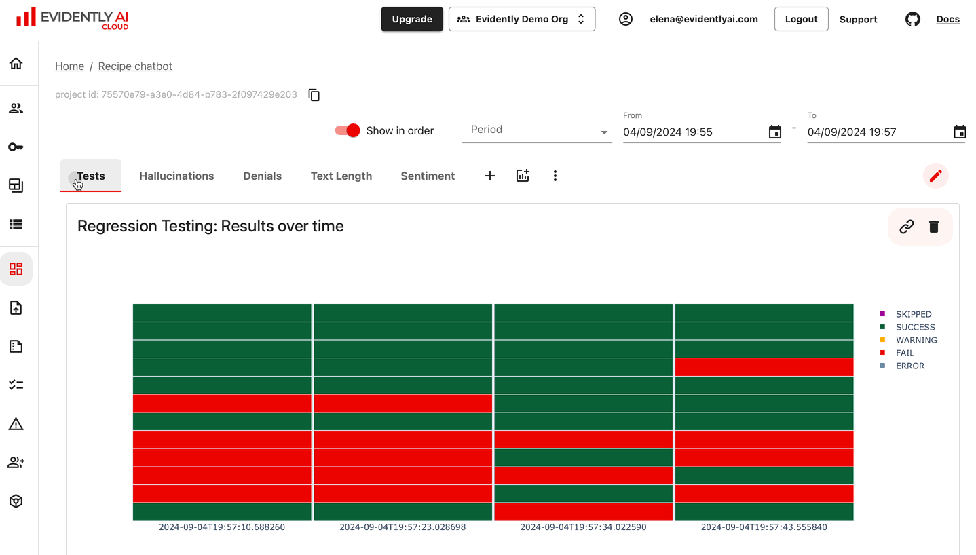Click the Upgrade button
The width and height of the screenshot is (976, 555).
pyautogui.click(x=412, y=19)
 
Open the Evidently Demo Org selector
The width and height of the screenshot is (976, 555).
pyautogui.click(x=521, y=19)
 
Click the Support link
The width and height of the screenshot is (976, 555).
pyautogui.click(x=858, y=20)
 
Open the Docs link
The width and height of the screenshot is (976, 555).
pyautogui.click(x=947, y=19)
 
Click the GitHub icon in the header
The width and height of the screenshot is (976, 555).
pyautogui.click(x=913, y=19)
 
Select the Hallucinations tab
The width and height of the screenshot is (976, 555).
pyautogui.click(x=176, y=176)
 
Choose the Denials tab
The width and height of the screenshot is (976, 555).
pyautogui.click(x=262, y=176)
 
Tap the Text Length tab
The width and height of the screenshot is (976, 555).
pyautogui.click(x=341, y=176)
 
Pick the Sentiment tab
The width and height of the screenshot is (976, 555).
pyautogui.click(x=428, y=176)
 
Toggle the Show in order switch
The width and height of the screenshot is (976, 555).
pyautogui.click(x=348, y=130)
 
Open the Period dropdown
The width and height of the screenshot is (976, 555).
pyautogui.click(x=536, y=130)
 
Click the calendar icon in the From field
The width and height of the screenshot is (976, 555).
pyautogui.click(x=774, y=132)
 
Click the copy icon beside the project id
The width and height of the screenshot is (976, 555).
pyautogui.click(x=314, y=95)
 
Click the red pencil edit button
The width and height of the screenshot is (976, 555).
pyautogui.click(x=935, y=176)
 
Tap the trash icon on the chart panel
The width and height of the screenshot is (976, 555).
pyautogui.click(x=934, y=227)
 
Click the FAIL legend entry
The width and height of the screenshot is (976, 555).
pyautogui.click(x=904, y=353)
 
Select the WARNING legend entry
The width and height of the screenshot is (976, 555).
pyautogui.click(x=916, y=340)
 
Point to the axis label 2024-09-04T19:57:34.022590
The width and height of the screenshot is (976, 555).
pyautogui.click(x=583, y=527)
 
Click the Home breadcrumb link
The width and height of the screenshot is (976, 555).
pyautogui.click(x=69, y=66)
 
